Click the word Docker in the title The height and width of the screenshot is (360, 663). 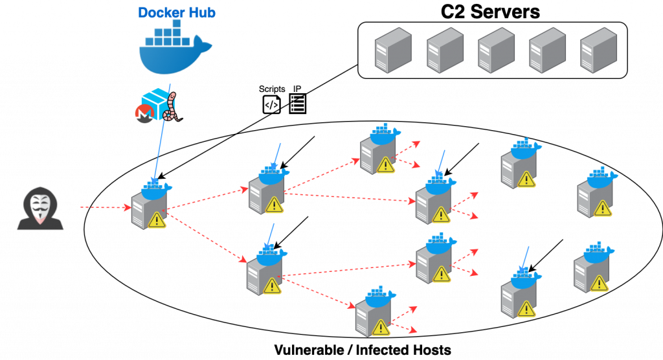pyautogui.click(x=159, y=12)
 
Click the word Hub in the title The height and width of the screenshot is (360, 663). pyautogui.click(x=200, y=12)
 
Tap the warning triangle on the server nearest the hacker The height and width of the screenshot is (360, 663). pyautogui.click(x=157, y=220)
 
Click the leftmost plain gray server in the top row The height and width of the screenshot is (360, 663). pyautogui.click(x=393, y=50)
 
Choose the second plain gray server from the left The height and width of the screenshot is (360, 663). pyautogui.click(x=445, y=50)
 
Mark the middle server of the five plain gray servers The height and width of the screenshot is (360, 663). pyautogui.click(x=496, y=50)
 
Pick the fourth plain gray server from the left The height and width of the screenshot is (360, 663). pyautogui.click(x=547, y=50)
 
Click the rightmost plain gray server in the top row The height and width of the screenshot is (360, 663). pyautogui.click(x=598, y=50)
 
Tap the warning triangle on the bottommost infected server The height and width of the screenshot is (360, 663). pyautogui.click(x=381, y=328)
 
